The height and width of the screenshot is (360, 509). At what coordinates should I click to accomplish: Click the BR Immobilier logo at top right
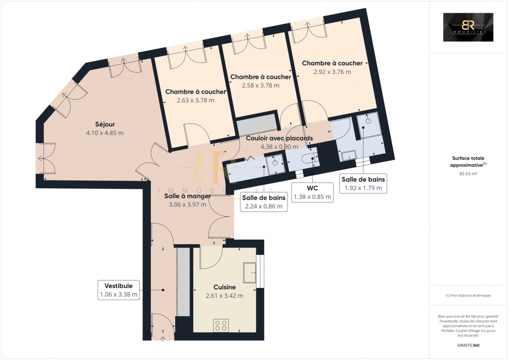coord(468,27)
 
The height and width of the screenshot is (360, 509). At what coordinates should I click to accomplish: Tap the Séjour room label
coord(105,124)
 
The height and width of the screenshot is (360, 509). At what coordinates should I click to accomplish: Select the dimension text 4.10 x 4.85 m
coord(105,133)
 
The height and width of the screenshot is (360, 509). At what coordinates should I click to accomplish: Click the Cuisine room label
coord(225,287)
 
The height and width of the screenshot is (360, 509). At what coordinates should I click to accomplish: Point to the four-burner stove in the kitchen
coord(221,325)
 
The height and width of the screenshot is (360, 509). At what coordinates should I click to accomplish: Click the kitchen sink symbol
coord(250,273)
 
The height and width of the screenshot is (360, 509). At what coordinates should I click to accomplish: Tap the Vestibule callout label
coord(119,290)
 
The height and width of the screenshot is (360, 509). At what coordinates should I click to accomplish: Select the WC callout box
coord(312,192)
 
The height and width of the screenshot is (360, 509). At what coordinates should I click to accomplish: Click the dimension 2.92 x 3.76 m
coord(332,72)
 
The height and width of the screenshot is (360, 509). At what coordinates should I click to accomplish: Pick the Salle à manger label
coord(187,196)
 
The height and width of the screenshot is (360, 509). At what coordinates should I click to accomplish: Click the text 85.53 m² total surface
coord(468,174)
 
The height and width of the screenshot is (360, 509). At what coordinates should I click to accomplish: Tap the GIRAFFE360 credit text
coord(468,345)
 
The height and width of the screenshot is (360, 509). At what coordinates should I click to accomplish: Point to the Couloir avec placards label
coord(279,138)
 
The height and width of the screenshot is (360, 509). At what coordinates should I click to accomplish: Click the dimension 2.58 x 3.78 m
coord(261,86)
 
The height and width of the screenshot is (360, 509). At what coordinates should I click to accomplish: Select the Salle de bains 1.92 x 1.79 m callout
coord(363,184)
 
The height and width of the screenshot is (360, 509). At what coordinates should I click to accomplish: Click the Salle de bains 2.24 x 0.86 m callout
coord(264,202)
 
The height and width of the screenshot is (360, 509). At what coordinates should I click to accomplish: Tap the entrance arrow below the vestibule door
coord(163,339)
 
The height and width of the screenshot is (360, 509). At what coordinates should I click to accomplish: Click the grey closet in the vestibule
coord(183,282)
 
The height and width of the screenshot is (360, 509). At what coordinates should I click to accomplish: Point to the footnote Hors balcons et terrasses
coord(468,295)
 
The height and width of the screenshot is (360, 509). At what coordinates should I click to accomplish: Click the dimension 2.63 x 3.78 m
coord(196,100)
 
